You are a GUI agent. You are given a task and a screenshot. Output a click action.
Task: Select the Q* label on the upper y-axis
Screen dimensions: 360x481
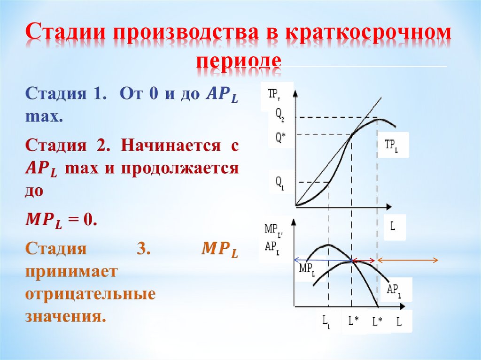(280, 138)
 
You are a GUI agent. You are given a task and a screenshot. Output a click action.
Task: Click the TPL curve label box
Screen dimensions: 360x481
(391, 145)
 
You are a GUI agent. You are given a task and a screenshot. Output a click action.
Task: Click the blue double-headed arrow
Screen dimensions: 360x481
(323, 260)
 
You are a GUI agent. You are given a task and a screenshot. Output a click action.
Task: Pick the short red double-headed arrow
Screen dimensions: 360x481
(364, 260)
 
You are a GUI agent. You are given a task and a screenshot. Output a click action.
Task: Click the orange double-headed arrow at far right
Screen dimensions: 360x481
(408, 260)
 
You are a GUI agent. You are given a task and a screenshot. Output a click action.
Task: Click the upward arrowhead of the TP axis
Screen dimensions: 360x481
(295, 92)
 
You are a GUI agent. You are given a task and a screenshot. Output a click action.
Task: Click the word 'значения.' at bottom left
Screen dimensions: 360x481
(63, 316)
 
